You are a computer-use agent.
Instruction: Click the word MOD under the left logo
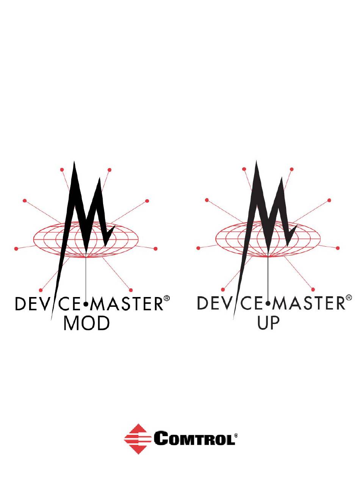pos(86,323)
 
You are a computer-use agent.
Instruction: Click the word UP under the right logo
pos(268,323)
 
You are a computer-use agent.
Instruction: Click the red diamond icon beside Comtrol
pos(135,439)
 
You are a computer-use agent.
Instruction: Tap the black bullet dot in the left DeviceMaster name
pos(86,304)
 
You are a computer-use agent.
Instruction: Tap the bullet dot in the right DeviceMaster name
pos(268,304)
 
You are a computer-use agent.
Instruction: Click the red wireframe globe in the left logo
pos(49,239)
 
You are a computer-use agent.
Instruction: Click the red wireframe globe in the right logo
pos(231,239)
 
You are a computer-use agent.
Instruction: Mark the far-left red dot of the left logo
pos(16,249)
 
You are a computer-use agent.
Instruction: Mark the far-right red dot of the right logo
pos(338,248)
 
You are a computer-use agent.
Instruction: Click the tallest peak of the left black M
pos(75,164)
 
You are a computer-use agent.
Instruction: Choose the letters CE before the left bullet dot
pos(72,304)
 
